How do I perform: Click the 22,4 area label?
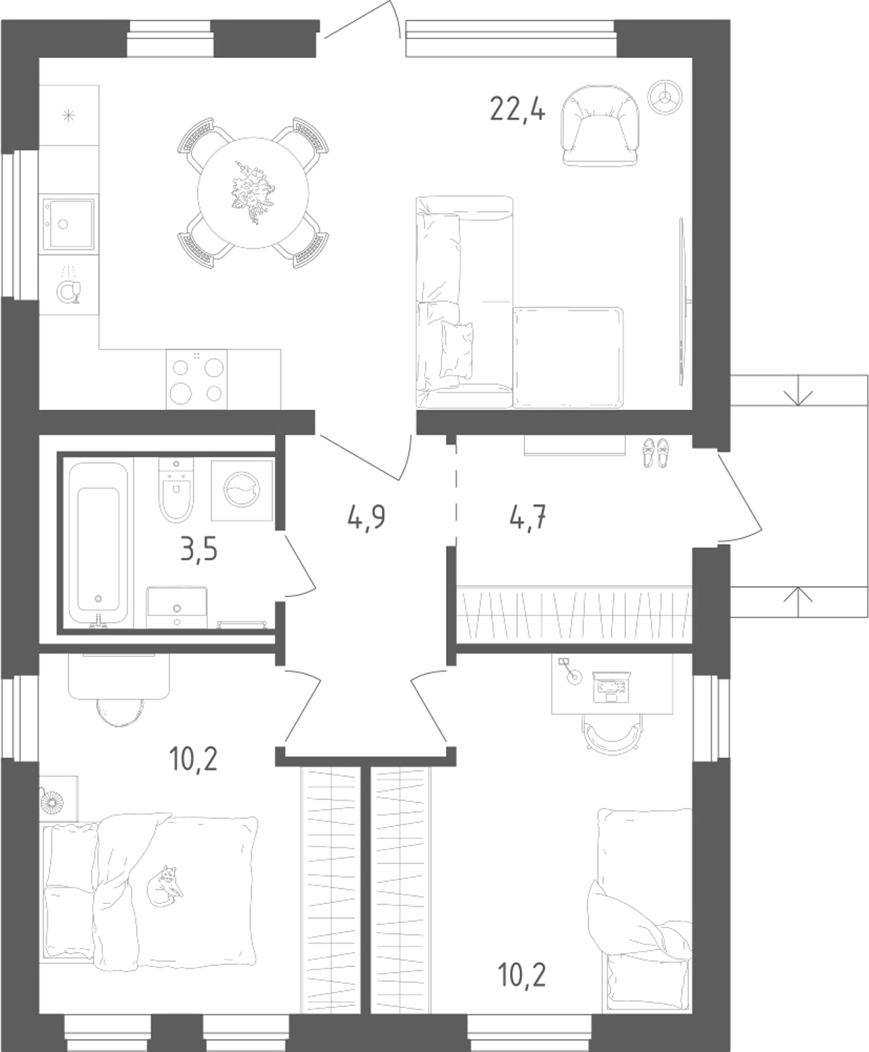click(x=518, y=111)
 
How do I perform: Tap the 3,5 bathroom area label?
click(x=199, y=549)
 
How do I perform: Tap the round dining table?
click(x=253, y=192)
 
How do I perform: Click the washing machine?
click(x=242, y=489)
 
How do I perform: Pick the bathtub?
click(x=98, y=543)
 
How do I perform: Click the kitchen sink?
click(x=67, y=225)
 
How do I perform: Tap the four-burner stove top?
click(x=197, y=379)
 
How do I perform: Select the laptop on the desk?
click(x=610, y=687)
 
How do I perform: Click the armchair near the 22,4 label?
click(x=599, y=125)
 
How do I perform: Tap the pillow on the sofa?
click(x=456, y=350)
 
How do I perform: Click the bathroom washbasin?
click(x=177, y=608)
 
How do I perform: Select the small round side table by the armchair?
click(x=664, y=96)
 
